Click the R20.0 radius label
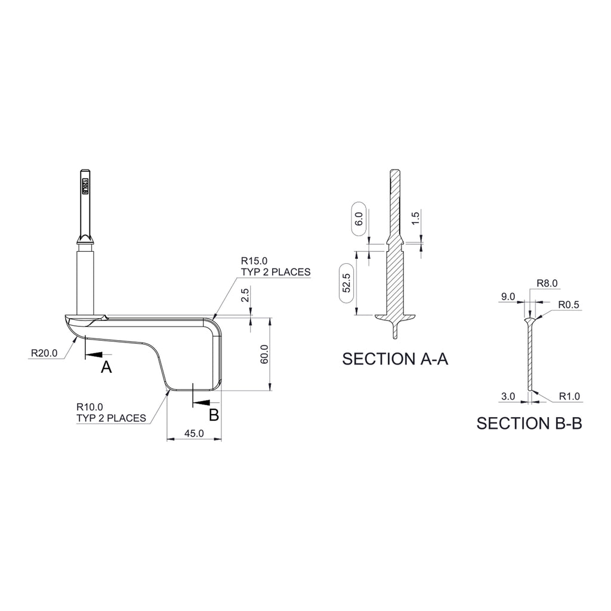click(x=44, y=353)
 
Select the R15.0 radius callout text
click(x=254, y=261)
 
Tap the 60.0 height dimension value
click(x=264, y=354)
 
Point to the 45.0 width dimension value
click(x=194, y=433)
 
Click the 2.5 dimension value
click(x=245, y=295)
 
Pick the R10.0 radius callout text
click(x=90, y=407)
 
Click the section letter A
click(x=106, y=367)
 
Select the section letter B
click(x=214, y=415)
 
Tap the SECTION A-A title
click(x=395, y=359)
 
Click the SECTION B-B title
click(x=529, y=423)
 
